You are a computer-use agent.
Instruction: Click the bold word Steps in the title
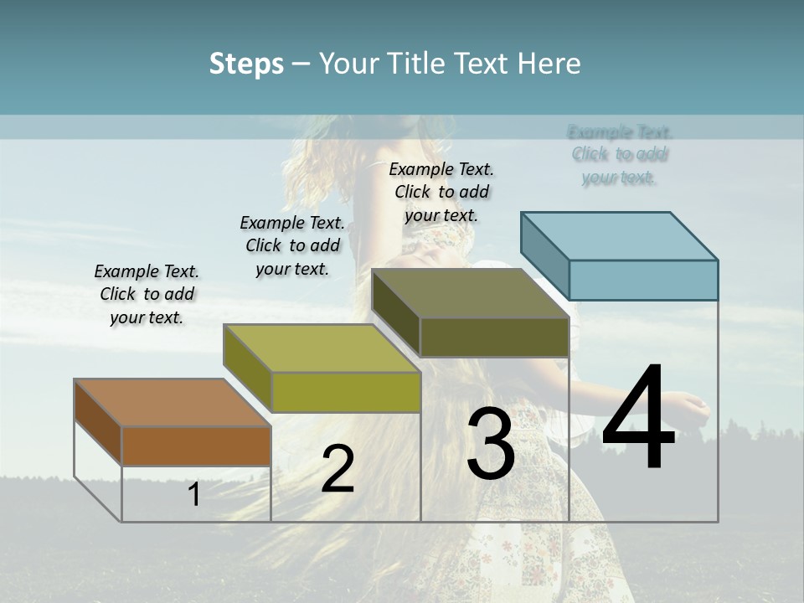(x=246, y=64)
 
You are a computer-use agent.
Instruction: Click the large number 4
(x=638, y=419)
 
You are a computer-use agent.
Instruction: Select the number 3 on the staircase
(x=490, y=444)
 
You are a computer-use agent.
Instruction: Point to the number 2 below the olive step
(x=338, y=469)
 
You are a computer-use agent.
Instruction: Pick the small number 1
(x=193, y=495)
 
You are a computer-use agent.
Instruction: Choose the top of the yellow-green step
(x=322, y=348)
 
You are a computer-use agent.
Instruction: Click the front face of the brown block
(x=196, y=446)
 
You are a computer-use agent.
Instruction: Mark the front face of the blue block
(x=643, y=280)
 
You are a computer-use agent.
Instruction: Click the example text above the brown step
(x=147, y=294)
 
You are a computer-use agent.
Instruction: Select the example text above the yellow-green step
(x=292, y=245)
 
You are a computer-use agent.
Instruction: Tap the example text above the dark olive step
(x=441, y=192)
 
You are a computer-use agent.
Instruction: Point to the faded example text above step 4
(x=620, y=155)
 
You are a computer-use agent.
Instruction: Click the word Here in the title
(x=551, y=64)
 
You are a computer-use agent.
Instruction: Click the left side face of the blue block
(x=544, y=255)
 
